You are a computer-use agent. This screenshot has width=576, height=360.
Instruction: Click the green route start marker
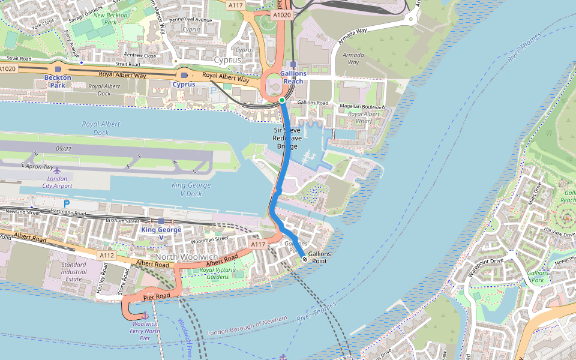(281, 100)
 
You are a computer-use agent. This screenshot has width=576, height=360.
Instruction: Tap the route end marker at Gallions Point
(305, 259)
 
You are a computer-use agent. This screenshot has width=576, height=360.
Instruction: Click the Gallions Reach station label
(293, 77)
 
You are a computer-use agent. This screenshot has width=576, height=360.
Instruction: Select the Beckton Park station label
(58, 81)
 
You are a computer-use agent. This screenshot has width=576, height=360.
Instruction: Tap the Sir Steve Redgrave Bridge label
(287, 138)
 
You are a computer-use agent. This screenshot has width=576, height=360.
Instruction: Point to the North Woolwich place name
(190, 257)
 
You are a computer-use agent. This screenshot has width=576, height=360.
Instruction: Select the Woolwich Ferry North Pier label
(145, 331)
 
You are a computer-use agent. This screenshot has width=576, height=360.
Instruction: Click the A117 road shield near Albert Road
(258, 244)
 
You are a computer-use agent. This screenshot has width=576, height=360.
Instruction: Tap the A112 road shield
(107, 256)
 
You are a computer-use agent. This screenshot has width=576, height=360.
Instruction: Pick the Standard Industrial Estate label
(73, 272)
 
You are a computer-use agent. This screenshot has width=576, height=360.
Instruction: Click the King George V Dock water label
(191, 190)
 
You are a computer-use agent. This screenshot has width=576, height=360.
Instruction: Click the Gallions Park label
(537, 276)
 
